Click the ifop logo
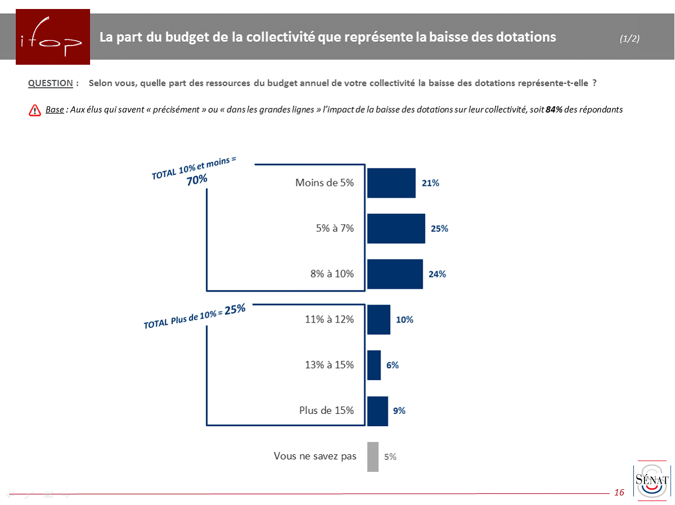point(53,37)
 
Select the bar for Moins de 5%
point(391,183)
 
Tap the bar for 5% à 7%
point(396,229)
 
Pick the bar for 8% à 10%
point(395,274)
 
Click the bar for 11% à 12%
point(378,320)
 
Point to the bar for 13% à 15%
point(374,365)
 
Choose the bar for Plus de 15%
point(377,411)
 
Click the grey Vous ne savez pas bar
point(373,457)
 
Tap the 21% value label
point(430,183)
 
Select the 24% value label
point(437,274)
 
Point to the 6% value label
point(392,365)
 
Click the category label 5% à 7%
point(335,229)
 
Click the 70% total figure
point(197,180)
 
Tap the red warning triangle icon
point(34,110)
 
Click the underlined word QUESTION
point(51,83)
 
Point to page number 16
point(619,493)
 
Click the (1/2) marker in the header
point(629,38)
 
